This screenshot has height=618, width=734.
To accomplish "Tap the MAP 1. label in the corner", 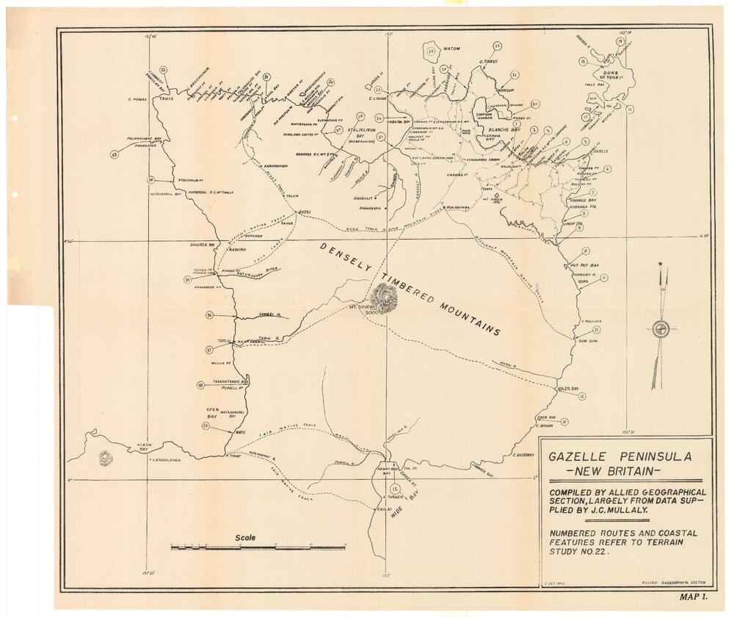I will (x=693, y=597).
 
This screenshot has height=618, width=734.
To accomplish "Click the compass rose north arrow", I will (x=661, y=328).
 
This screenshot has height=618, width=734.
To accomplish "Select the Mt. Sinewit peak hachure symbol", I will (x=384, y=297).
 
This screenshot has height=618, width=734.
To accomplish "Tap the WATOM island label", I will (x=451, y=48).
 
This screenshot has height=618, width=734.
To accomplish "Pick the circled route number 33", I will (x=115, y=154).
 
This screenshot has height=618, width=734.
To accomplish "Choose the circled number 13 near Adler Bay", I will (x=582, y=397).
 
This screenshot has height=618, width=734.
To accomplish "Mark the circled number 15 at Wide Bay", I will (x=396, y=489).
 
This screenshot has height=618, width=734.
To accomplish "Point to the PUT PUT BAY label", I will (x=585, y=265).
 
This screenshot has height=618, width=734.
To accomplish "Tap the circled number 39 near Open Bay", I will (x=206, y=426).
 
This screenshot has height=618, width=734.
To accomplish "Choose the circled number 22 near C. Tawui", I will (x=498, y=46).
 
